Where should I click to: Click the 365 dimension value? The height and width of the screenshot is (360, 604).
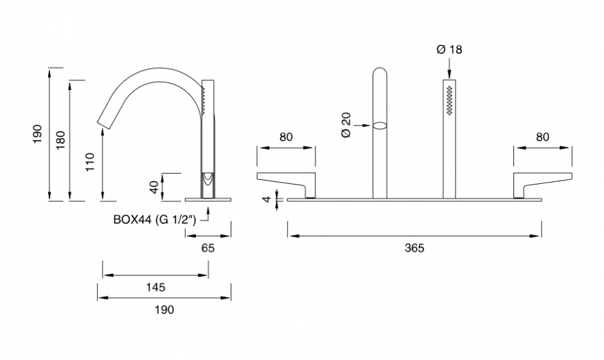(415, 248)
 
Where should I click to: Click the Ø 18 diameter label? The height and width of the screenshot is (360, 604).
(449, 49)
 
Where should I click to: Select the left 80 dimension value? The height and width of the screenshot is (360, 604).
(285, 136)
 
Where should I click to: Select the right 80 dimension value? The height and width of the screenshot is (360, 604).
(542, 136)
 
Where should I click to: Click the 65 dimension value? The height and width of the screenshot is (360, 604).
(208, 248)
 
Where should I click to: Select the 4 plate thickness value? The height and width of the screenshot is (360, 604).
(267, 199)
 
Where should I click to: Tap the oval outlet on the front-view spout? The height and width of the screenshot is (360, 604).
(380, 125)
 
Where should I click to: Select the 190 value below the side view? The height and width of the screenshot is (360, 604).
(164, 309)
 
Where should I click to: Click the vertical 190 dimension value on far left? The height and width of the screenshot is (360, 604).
(39, 133)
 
